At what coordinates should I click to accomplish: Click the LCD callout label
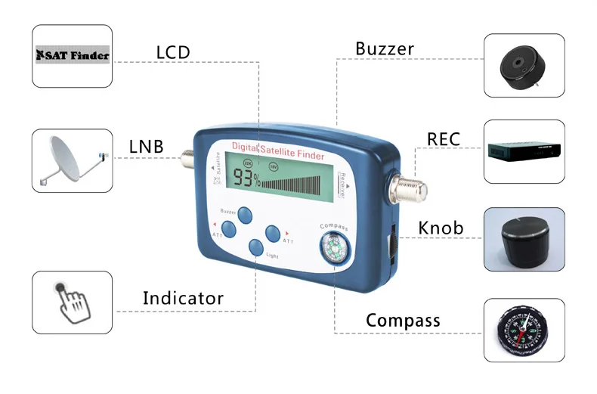(173, 52)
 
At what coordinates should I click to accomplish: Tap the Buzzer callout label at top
(385, 49)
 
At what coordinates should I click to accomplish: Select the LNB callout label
(146, 146)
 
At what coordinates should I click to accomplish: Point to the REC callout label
(444, 139)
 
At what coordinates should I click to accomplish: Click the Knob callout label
(441, 228)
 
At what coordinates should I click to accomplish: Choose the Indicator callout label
(183, 298)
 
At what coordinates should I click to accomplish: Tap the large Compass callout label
(403, 321)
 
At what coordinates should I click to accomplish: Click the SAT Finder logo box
(73, 55)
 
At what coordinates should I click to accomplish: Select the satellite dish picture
(73, 160)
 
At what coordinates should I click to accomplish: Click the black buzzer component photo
(524, 65)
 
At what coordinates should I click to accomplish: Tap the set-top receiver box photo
(524, 150)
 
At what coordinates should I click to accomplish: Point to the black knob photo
(524, 240)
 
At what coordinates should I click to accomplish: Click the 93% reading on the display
(246, 180)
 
